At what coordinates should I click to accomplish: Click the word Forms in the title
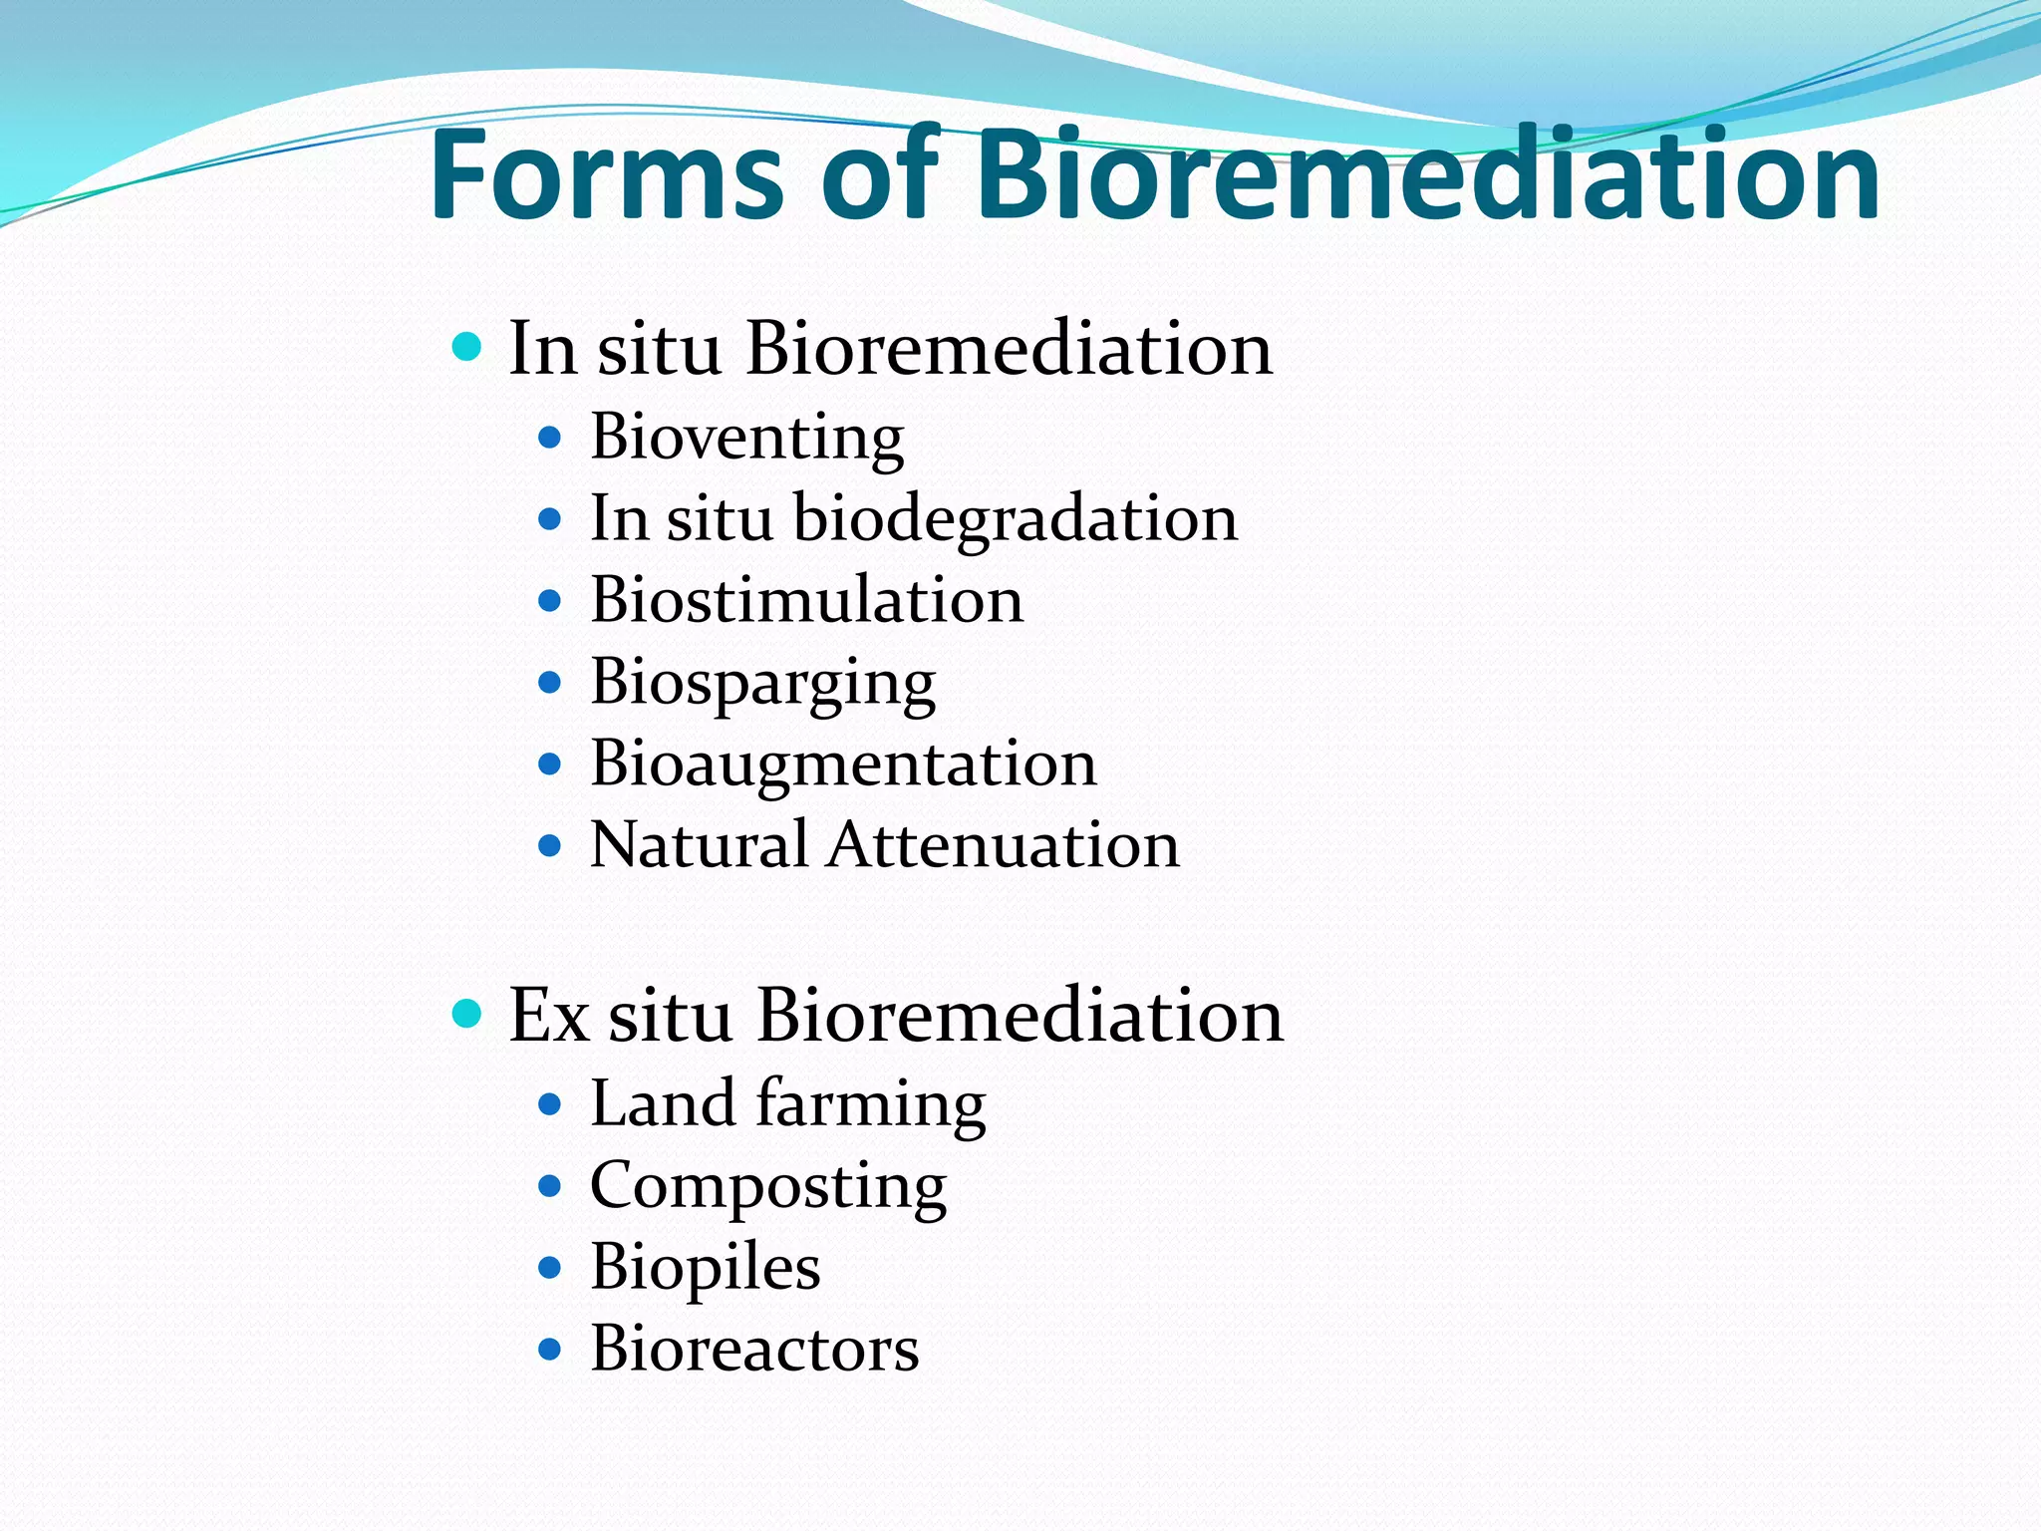point(608,175)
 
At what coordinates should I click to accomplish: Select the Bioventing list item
point(746,438)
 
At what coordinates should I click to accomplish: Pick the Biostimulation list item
point(806,601)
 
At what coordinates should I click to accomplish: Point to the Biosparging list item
point(762,684)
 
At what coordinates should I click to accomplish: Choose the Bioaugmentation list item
point(843,765)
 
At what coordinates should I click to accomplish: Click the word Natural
point(699,846)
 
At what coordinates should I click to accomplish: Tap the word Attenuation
point(1004,846)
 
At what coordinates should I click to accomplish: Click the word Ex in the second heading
point(547,1016)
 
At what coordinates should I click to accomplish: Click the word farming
point(871,1104)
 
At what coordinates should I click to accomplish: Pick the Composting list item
point(767,1187)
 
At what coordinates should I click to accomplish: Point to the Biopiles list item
point(705,1268)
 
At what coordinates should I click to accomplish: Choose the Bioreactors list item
point(754,1350)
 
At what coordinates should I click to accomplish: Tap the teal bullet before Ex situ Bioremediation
point(466,1014)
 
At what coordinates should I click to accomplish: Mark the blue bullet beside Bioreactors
point(549,1350)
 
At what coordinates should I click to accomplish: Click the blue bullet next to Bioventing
point(549,437)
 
